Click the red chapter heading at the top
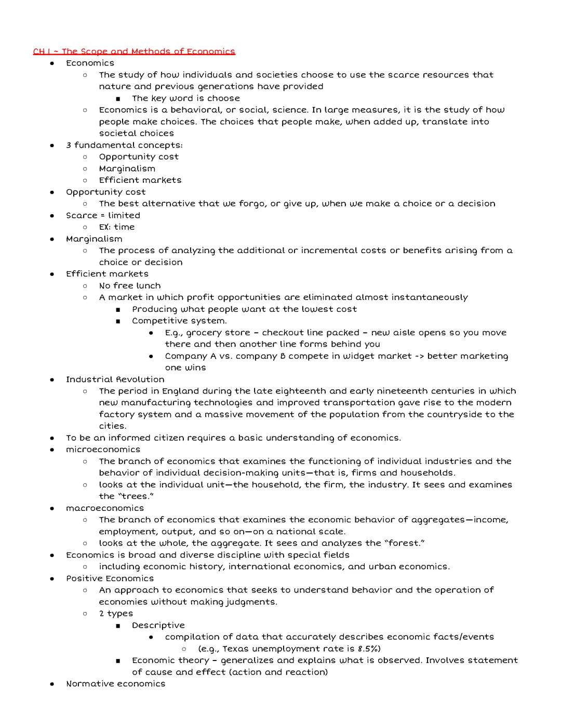click(134, 51)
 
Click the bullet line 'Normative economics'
click(115, 684)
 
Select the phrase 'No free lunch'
click(130, 286)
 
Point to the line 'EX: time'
click(117, 227)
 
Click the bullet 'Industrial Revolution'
click(115, 379)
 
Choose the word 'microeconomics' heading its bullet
click(103, 450)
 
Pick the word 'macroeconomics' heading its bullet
click(105, 508)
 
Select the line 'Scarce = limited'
click(103, 215)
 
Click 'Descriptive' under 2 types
click(158, 625)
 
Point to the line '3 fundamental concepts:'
click(124, 145)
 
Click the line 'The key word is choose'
click(186, 98)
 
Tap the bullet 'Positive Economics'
click(110, 578)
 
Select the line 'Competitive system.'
click(179, 321)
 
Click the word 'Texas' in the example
click(235, 649)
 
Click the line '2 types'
click(116, 613)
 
